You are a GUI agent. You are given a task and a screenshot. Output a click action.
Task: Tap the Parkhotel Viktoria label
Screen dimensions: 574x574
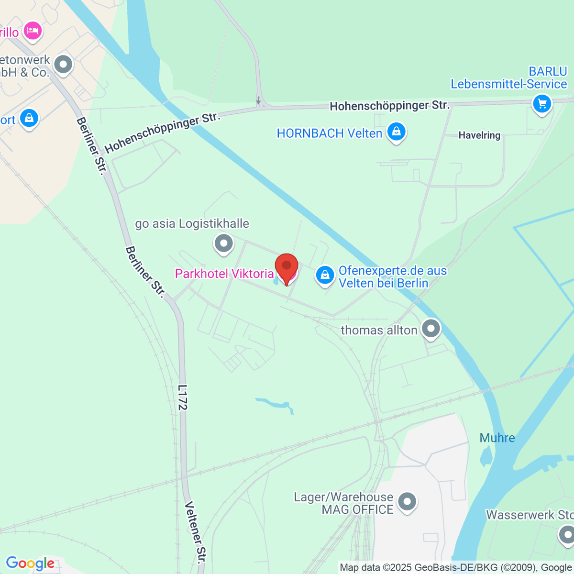(224, 274)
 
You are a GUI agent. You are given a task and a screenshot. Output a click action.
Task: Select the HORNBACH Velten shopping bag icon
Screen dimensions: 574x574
(396, 132)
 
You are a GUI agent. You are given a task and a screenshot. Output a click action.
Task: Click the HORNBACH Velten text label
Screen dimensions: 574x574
(330, 133)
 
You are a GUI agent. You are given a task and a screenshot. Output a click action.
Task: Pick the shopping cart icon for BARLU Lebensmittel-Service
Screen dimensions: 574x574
(542, 103)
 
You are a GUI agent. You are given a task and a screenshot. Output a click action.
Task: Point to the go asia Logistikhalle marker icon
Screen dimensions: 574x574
(223, 243)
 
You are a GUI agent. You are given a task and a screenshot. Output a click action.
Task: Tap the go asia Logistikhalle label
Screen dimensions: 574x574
(192, 223)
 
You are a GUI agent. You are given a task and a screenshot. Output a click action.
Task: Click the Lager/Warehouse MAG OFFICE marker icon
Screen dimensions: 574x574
(407, 502)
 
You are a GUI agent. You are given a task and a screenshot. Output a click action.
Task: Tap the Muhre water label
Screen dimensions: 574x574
(497, 438)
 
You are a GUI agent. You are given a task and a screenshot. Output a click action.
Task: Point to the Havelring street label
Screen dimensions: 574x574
(479, 135)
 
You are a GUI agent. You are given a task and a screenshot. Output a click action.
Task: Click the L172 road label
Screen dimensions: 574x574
(182, 397)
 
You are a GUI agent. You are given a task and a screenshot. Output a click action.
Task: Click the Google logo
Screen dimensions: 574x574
(30, 563)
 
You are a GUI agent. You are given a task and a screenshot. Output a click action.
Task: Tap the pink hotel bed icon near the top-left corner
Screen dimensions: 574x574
(33, 31)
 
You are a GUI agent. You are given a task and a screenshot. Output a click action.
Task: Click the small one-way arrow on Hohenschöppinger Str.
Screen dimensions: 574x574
(259, 100)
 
